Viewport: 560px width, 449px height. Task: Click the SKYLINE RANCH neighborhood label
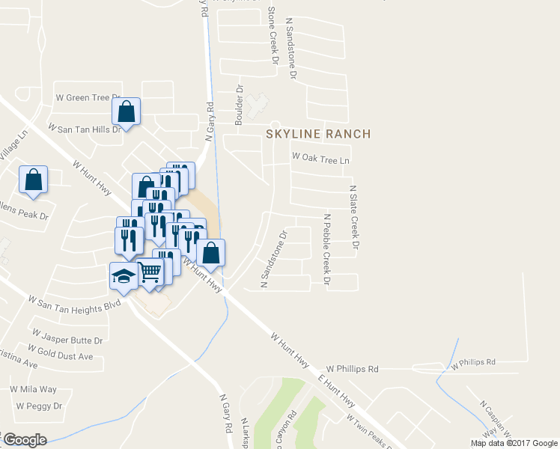click(318, 134)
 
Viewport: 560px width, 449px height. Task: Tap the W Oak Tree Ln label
click(321, 159)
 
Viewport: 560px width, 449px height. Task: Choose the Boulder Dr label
click(240, 105)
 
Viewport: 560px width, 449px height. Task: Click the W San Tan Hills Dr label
click(84, 129)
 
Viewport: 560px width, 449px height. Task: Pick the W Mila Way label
click(33, 389)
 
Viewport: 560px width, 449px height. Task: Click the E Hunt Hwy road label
click(337, 386)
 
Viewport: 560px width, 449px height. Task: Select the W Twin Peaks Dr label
click(369, 432)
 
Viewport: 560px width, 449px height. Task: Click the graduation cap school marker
click(124, 275)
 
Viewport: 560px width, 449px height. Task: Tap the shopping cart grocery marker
click(150, 272)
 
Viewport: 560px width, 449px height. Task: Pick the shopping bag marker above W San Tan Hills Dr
click(127, 112)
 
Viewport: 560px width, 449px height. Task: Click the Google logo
click(24, 440)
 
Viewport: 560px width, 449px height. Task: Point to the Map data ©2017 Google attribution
click(514, 443)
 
